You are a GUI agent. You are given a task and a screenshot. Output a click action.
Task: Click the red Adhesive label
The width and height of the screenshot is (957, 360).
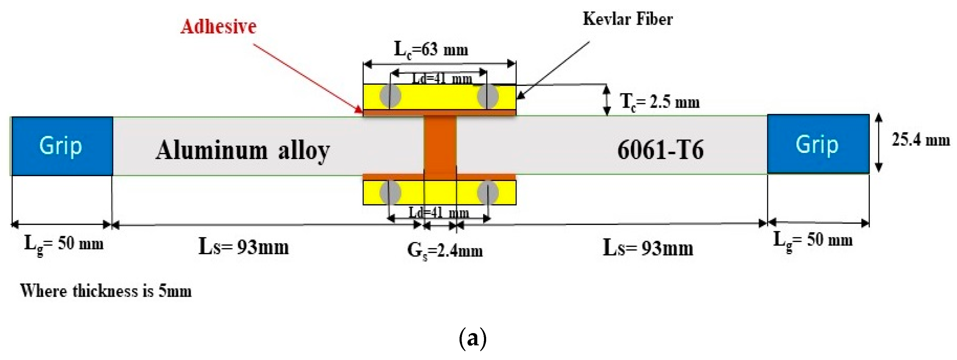[x=218, y=27]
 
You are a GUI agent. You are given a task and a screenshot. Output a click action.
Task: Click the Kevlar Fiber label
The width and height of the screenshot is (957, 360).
[x=627, y=19]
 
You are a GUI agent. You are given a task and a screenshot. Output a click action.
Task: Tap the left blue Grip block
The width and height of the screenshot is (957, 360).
[x=62, y=146]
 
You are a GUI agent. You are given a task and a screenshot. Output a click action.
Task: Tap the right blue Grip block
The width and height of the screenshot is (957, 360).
[x=818, y=144]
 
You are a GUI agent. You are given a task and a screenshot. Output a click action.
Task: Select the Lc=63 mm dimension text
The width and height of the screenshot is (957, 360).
[x=431, y=50]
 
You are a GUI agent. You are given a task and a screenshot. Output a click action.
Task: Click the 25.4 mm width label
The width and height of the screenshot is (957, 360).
[x=921, y=140]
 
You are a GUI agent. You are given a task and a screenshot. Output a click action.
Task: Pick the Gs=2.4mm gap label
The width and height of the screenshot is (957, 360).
[x=445, y=251]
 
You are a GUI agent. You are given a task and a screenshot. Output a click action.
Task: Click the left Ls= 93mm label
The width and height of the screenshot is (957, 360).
[x=244, y=247]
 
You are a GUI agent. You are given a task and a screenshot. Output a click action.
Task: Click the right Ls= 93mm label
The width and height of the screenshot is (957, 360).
[x=648, y=248]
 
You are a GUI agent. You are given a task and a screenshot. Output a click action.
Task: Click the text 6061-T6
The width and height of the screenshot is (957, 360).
[x=660, y=150]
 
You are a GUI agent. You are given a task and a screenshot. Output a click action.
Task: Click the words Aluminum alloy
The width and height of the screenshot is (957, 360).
[x=243, y=151]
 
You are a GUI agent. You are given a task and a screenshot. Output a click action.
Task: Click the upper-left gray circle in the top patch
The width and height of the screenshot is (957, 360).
[x=390, y=95]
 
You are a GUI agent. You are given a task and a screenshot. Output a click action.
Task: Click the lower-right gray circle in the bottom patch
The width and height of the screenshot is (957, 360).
[x=488, y=192]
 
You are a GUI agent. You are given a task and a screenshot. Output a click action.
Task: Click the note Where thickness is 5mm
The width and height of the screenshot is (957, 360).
[x=106, y=291]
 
